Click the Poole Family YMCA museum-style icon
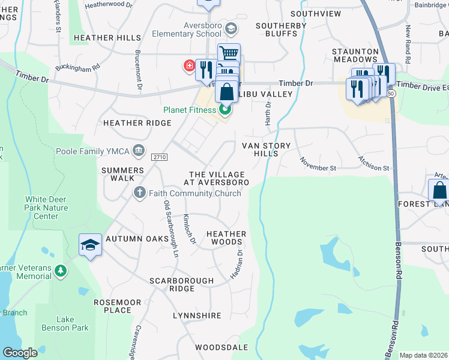139,149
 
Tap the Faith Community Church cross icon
139,193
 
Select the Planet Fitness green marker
226,109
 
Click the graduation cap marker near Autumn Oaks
90,245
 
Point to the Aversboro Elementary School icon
230,28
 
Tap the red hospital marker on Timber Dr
189,65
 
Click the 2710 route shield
159,157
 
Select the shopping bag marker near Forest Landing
439,191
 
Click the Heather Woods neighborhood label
226,238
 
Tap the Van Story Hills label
266,149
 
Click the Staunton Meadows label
355,56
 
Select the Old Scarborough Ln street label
171,229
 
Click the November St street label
318,163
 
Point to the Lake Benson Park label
73,324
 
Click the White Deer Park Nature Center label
46,208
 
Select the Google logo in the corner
20,353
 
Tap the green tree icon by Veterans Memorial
60,271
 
